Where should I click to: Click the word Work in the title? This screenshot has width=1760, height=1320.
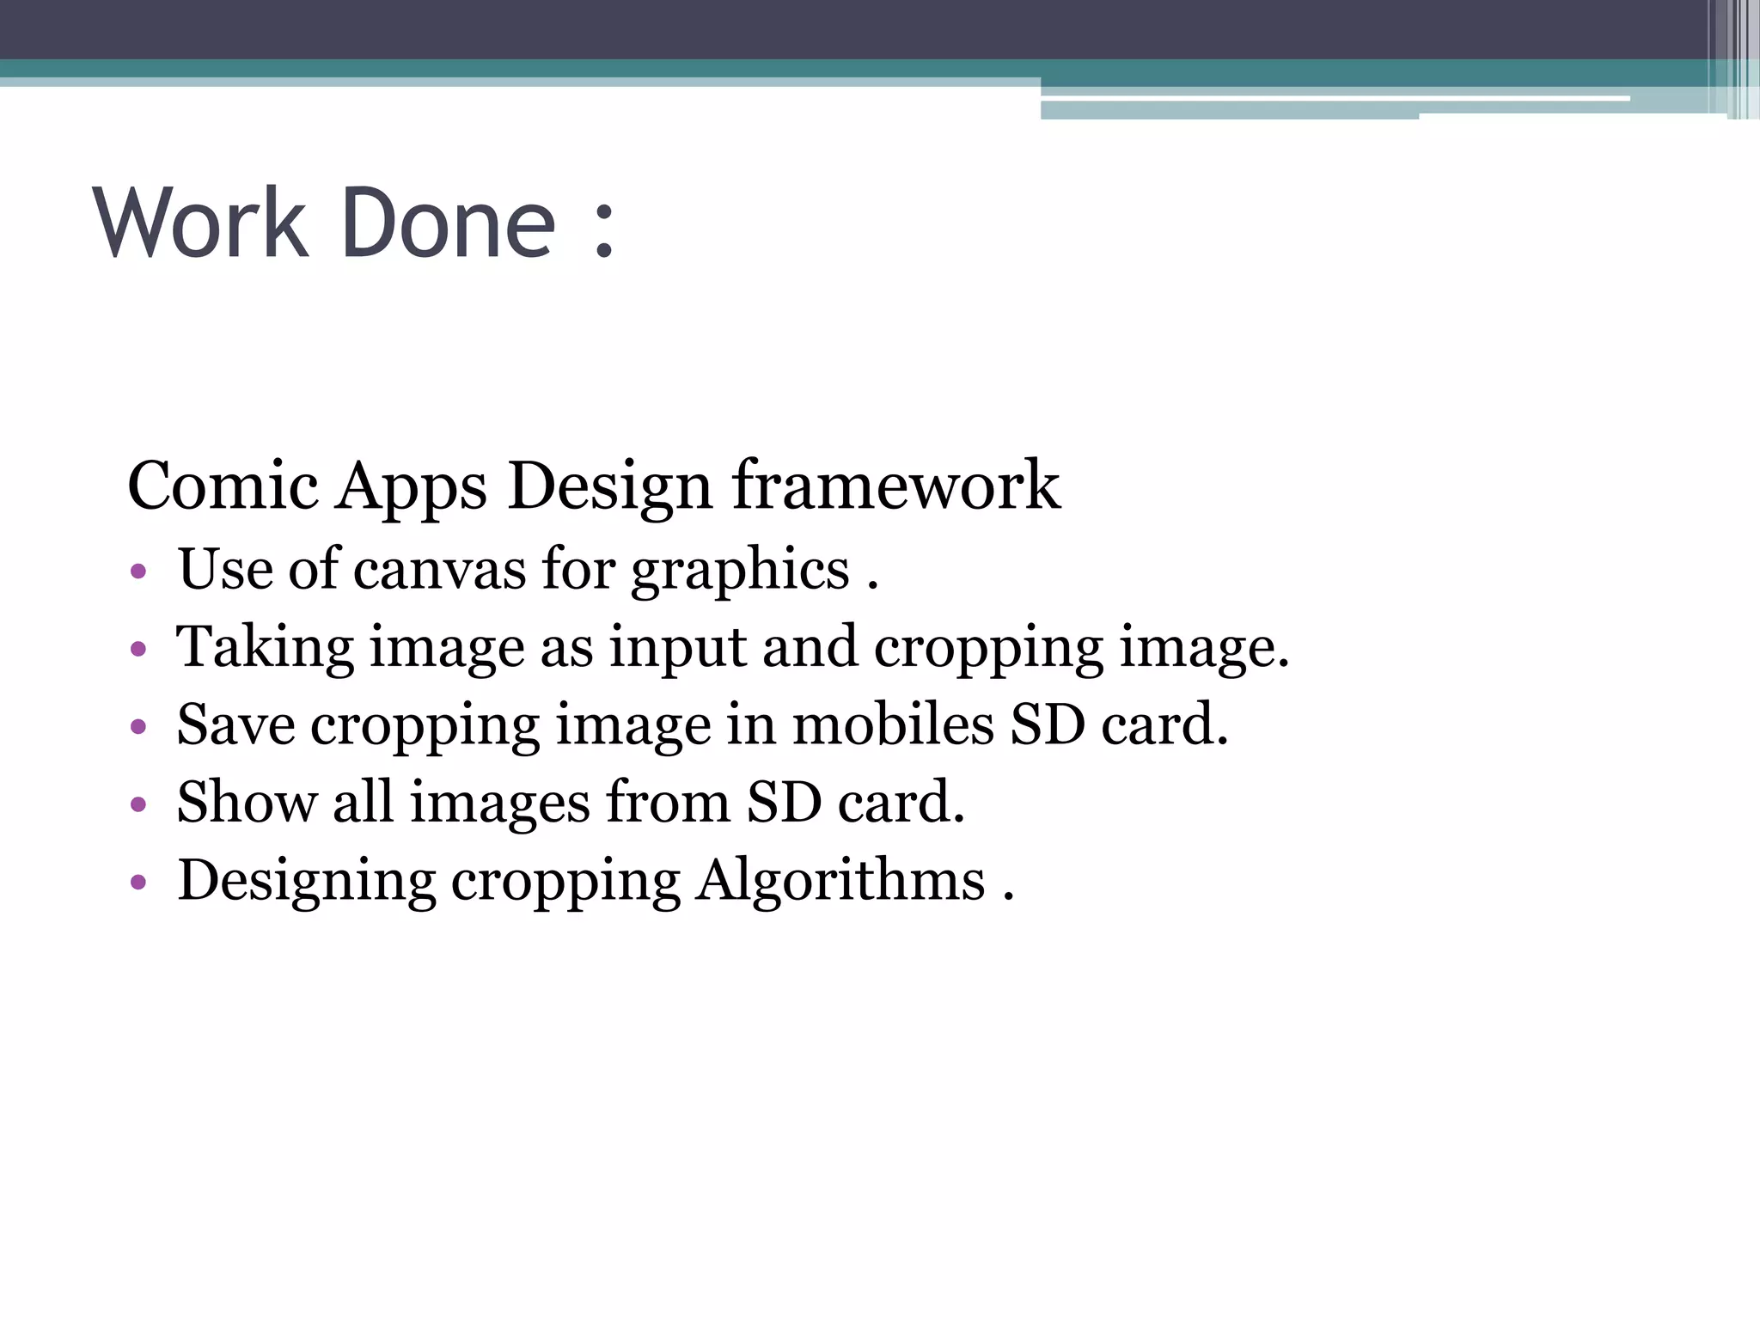tap(201, 223)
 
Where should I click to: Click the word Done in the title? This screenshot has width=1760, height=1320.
tap(449, 223)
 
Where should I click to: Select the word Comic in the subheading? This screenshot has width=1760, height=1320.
tap(223, 486)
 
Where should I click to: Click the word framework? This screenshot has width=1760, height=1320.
tap(896, 486)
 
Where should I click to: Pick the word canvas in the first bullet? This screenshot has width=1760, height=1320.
tap(439, 570)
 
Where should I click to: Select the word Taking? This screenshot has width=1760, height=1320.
tap(265, 650)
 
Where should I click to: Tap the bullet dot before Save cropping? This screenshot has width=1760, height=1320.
tap(138, 727)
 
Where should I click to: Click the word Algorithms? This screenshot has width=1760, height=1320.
tap(840, 881)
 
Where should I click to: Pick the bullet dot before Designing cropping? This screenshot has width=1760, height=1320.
tap(138, 883)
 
